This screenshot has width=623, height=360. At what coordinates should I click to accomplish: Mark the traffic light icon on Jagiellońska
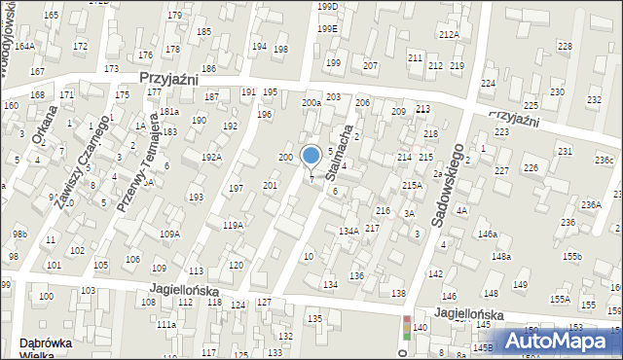(x=406, y=329)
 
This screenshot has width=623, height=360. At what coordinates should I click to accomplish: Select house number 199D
(x=327, y=7)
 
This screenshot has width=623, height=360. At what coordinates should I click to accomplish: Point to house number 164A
(x=24, y=47)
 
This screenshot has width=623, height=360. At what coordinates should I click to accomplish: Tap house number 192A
(x=211, y=158)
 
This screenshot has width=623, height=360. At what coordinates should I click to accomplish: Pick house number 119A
(x=233, y=226)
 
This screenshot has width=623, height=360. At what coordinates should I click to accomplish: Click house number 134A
(x=348, y=232)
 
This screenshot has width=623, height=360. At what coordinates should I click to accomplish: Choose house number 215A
(x=412, y=185)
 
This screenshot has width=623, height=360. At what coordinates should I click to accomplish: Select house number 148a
(x=501, y=257)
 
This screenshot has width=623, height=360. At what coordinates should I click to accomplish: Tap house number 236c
(x=605, y=161)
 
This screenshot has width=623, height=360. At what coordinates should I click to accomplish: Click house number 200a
(x=311, y=103)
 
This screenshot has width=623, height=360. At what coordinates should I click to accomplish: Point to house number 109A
(x=170, y=234)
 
